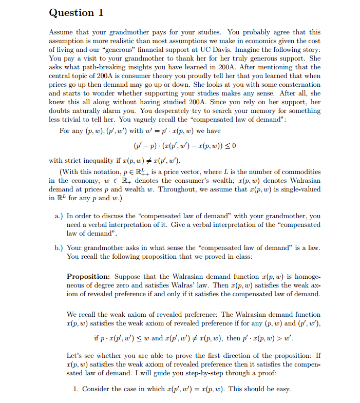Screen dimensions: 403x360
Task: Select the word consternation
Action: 298,84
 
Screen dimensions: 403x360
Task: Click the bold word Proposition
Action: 88,276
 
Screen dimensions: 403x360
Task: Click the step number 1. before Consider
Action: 75,389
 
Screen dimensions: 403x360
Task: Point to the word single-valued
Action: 301,189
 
